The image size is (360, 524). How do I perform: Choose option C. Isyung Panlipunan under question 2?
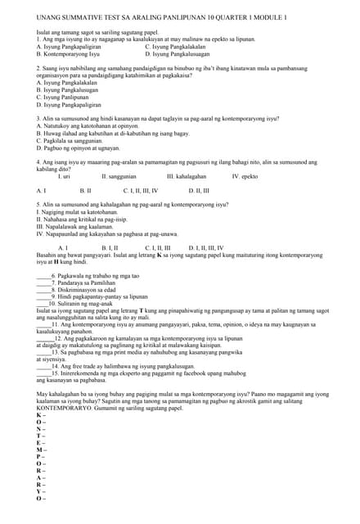[x=61, y=97]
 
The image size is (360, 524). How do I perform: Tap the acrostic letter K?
[x=39, y=415]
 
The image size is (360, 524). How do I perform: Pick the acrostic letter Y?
[x=39, y=491]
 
